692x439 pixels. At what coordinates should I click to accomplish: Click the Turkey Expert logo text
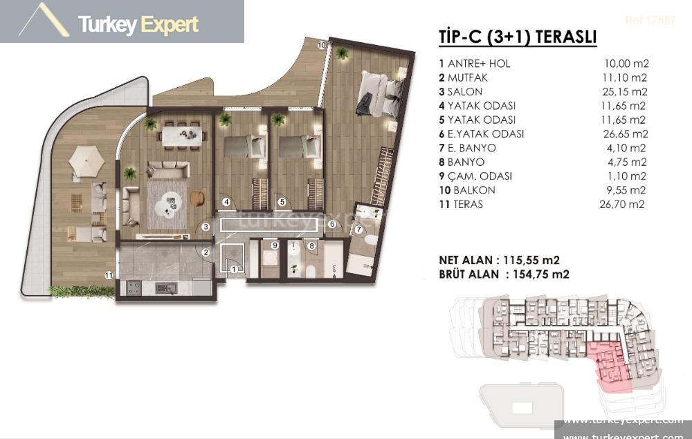pos(138,26)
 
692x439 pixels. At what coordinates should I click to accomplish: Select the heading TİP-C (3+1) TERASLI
pos(518,37)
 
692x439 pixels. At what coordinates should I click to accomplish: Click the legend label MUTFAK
pos(468,77)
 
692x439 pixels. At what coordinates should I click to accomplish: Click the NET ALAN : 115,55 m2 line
pos(499,260)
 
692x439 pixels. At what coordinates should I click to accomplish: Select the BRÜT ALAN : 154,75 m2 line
pos(503,274)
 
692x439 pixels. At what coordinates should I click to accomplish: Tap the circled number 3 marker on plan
pos(206,226)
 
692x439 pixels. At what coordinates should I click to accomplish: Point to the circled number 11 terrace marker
pos(109,275)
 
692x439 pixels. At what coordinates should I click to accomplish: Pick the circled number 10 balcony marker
pos(321,45)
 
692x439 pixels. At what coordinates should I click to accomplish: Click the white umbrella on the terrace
pos(86,162)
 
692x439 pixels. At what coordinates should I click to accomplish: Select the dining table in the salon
pos(182,134)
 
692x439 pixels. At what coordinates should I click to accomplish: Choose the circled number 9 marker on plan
pos(274,245)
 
